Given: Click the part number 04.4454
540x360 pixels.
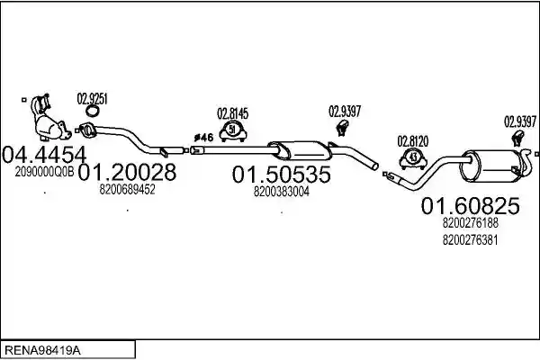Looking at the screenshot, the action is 44,156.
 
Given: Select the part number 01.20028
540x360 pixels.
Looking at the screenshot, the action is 127,172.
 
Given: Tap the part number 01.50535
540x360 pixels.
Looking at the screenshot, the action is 282,175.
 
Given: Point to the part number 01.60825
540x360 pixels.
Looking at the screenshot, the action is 470,206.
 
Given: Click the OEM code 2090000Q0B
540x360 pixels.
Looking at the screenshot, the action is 44,172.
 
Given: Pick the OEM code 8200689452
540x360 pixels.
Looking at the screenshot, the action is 127,189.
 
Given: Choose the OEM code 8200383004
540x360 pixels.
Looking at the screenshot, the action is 282,192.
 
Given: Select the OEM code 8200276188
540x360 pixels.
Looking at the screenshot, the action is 470,223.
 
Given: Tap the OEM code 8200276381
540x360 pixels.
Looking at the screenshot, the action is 470,239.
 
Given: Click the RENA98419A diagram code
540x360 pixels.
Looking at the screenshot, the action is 42,351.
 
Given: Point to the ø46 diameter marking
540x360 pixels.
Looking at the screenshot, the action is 203,138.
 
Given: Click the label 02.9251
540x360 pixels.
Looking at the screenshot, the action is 93,99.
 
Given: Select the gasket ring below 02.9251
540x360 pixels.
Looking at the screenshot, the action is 93,111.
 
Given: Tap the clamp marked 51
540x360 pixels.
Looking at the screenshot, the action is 232,130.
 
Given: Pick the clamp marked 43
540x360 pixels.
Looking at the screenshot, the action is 413,158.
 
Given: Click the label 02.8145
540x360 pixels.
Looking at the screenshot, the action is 232,113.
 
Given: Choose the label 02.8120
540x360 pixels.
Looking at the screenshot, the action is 413,141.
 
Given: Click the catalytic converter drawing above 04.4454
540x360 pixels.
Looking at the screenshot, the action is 49,119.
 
